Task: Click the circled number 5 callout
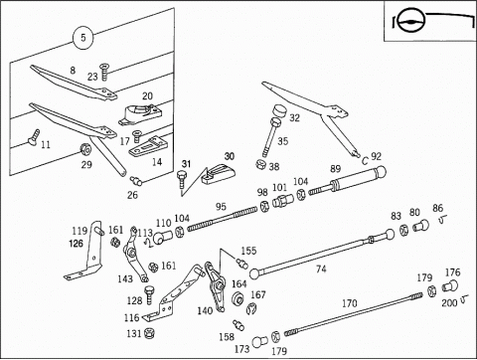pyautogui.click(x=82, y=38)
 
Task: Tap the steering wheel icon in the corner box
pyautogui.click(x=410, y=22)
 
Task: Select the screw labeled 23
pyautogui.click(x=104, y=72)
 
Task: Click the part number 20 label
pyautogui.click(x=147, y=96)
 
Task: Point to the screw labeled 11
pyautogui.click(x=34, y=137)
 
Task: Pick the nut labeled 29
pyautogui.click(x=86, y=149)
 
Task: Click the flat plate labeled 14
pyautogui.click(x=146, y=147)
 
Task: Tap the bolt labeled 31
pyautogui.click(x=182, y=178)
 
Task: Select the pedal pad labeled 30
pyautogui.click(x=219, y=174)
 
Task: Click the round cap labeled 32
pyautogui.click(x=280, y=111)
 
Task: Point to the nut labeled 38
pyautogui.click(x=261, y=164)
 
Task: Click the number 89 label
pyautogui.click(x=336, y=168)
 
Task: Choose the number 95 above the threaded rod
pyautogui.click(x=221, y=207)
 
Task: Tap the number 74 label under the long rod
pyautogui.click(x=321, y=269)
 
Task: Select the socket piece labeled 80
pyautogui.click(x=420, y=226)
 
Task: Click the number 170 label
pyautogui.click(x=350, y=303)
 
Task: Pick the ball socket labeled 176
pyautogui.click(x=450, y=285)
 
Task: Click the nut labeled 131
pyautogui.click(x=150, y=333)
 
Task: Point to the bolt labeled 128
pyautogui.click(x=149, y=295)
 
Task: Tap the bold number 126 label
pyautogui.click(x=76, y=244)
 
